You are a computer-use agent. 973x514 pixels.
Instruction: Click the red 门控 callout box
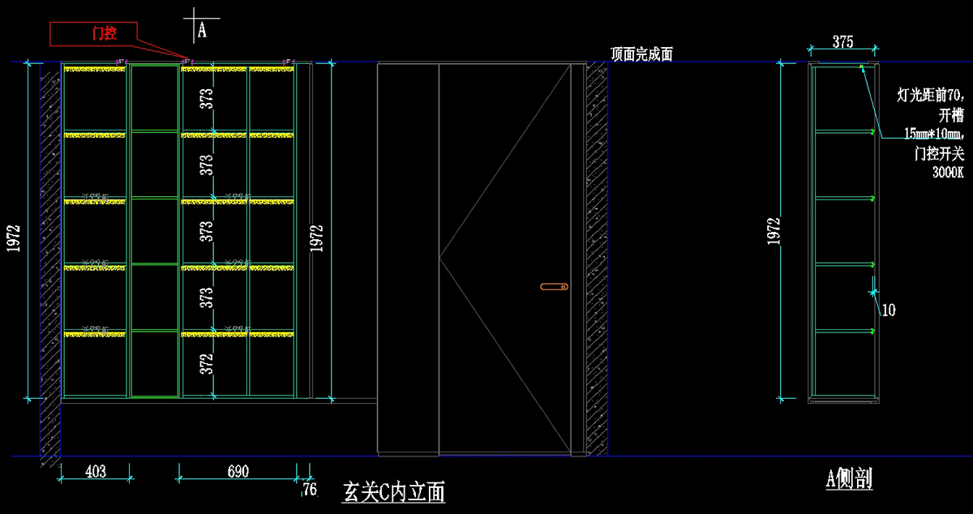click(x=92, y=33)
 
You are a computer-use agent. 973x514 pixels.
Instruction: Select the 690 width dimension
click(x=238, y=471)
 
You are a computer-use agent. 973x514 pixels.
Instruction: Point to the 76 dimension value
click(x=310, y=489)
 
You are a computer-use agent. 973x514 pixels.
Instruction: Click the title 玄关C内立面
click(x=394, y=491)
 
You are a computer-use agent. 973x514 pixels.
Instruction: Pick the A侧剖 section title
click(x=849, y=479)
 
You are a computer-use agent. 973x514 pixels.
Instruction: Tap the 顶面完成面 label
click(x=641, y=55)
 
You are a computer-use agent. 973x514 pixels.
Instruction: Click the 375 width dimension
click(x=842, y=43)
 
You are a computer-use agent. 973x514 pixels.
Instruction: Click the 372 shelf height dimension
click(x=208, y=363)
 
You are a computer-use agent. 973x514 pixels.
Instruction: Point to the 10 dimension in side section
click(x=889, y=310)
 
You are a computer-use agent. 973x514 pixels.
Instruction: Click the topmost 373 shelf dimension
click(x=208, y=98)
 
